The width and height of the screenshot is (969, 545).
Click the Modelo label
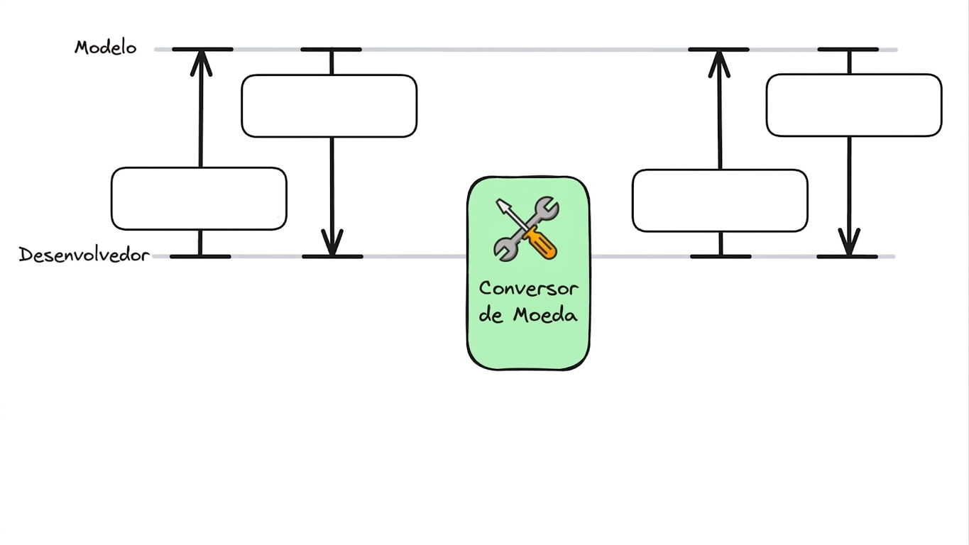pos(106,47)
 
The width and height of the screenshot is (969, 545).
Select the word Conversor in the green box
pos(528,289)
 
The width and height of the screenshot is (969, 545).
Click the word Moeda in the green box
pos(545,314)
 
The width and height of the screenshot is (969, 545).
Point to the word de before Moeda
pos(491,314)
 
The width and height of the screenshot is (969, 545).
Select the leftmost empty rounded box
pos(199,199)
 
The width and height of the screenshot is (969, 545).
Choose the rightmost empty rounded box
pos(854,105)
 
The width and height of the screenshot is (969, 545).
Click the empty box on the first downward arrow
pos(329,106)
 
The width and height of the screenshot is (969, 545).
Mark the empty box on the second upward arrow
pos(720,201)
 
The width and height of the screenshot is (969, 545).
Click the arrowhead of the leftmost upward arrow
pos(201,62)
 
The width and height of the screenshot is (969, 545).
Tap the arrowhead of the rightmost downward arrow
pos(849,242)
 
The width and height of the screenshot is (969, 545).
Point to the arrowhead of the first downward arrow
pos(332,242)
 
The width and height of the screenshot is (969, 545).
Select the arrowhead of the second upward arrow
pos(719,64)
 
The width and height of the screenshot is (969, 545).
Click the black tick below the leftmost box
pos(200,256)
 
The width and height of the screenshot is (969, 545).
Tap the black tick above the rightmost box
pos(848,50)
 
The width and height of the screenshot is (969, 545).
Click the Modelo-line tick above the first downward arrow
pos(331,50)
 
